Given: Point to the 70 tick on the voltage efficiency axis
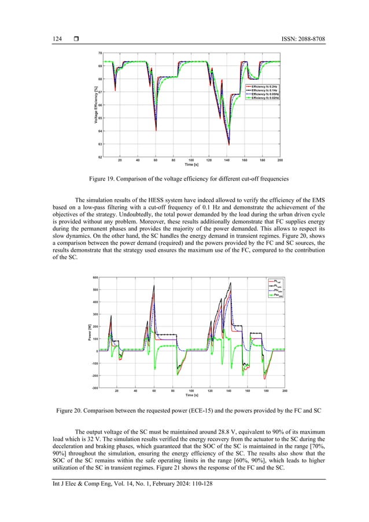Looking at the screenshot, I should click(x=100, y=53).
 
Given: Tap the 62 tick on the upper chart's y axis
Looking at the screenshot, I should click(x=100, y=157).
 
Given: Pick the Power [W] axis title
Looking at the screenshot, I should click(x=89, y=333).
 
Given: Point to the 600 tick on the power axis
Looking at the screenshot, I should click(x=94, y=278).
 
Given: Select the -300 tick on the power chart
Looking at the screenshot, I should click(x=94, y=388).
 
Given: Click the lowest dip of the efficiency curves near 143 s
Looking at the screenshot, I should click(x=229, y=144).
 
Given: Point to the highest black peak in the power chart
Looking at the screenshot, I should click(x=230, y=282).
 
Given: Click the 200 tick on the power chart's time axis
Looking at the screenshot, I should click(x=285, y=392).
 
